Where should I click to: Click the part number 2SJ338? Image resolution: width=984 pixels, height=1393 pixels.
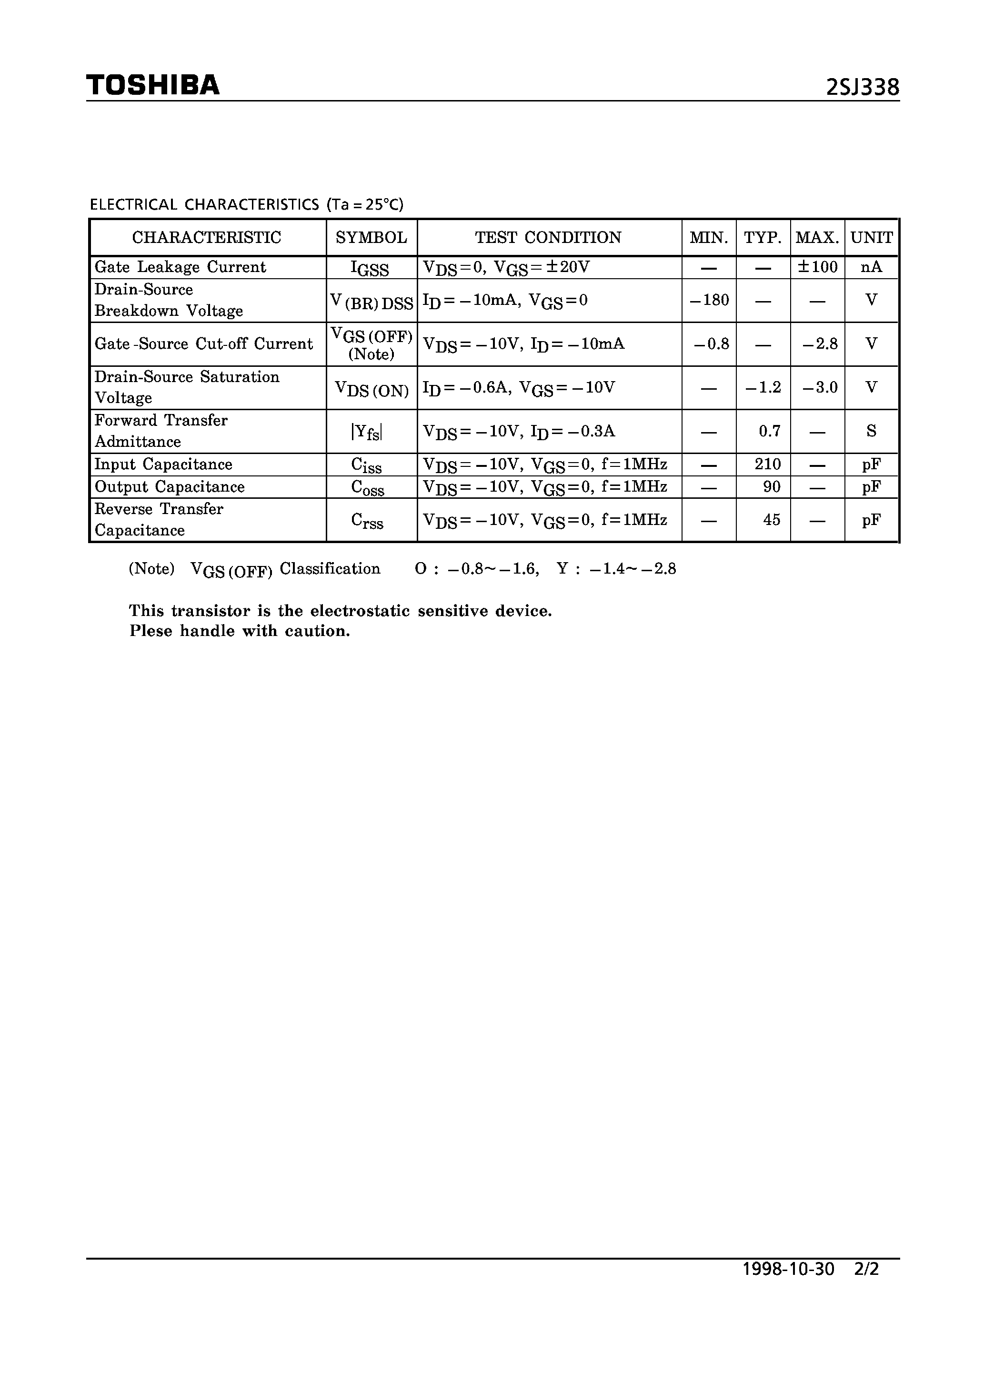pos(862,88)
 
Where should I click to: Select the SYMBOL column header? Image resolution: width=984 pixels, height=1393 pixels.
pos(372,237)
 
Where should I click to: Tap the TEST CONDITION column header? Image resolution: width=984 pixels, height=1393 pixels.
pos(548,237)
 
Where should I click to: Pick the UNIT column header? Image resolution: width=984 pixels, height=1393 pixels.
pos(871,237)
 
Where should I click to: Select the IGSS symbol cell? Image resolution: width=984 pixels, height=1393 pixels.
pos(370,268)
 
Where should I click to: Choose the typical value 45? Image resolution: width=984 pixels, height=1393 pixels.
pos(771,519)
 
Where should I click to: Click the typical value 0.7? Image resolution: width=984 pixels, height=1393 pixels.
pos(769,431)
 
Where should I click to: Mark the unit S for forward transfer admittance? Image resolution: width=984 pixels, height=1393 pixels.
pos(871,431)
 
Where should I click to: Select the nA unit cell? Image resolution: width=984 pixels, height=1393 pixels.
pos(871,267)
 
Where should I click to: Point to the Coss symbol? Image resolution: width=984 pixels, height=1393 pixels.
pos(368,488)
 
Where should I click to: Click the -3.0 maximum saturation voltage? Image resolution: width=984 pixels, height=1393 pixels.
pos(820,387)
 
